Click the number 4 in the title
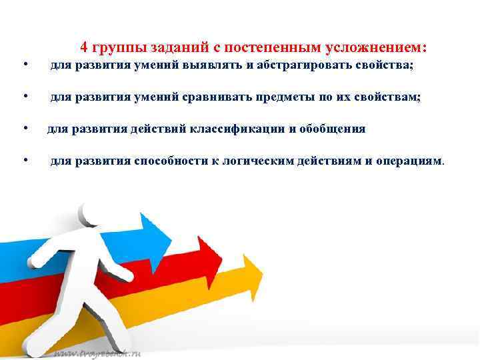click(x=84, y=47)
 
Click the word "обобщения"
click(x=333, y=129)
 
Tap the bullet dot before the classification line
click(x=24, y=127)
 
